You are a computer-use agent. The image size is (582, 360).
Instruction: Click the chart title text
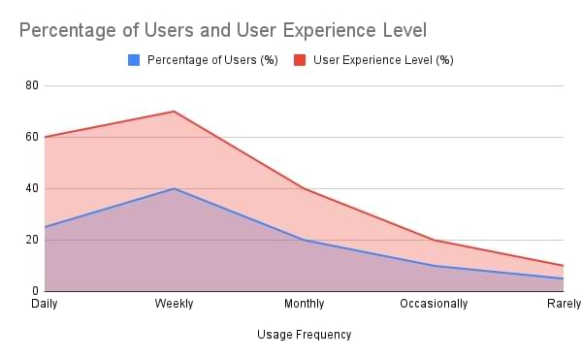[222, 30]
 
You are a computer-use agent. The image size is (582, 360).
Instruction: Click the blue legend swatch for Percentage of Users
[135, 60]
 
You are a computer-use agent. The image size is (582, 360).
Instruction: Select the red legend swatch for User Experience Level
[300, 60]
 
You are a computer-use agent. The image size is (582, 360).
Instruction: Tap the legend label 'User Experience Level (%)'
[383, 60]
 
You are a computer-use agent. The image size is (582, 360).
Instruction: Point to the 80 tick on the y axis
[32, 85]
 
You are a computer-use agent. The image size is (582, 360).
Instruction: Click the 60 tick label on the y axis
[32, 137]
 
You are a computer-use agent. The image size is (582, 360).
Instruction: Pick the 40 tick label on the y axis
[32, 188]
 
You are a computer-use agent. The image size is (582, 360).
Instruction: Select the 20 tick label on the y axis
[32, 240]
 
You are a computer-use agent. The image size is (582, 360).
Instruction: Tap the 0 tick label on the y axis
[35, 291]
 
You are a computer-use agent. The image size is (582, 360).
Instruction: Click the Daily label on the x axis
[44, 304]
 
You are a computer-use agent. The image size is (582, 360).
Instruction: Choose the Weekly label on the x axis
[174, 304]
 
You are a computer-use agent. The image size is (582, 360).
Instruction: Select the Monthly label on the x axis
[304, 304]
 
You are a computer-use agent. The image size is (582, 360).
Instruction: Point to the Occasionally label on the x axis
[434, 304]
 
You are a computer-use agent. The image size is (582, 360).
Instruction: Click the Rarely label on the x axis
[563, 304]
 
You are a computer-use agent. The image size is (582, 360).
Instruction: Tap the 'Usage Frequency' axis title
[304, 335]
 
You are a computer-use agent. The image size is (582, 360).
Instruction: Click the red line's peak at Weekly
[174, 112]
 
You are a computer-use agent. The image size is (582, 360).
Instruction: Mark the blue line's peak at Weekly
[174, 188]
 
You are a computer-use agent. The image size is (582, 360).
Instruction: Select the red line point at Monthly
[304, 188]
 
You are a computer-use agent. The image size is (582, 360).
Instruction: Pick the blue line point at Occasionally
[434, 266]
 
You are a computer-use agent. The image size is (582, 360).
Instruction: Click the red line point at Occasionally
[434, 240]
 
